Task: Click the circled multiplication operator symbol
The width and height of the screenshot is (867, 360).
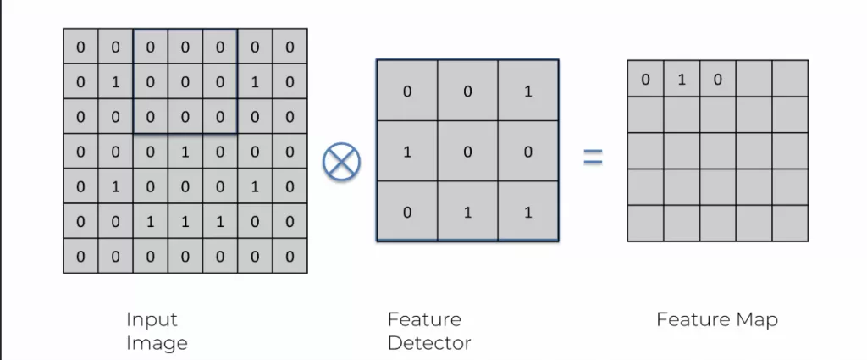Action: (341, 159)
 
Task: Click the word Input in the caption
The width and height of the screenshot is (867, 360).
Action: (152, 319)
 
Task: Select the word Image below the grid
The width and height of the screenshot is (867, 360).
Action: (156, 343)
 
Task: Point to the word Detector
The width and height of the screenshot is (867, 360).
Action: (429, 343)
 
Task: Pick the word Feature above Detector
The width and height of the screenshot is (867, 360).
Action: (424, 319)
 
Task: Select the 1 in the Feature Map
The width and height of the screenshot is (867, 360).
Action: (681, 80)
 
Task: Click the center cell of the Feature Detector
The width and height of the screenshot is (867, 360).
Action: (467, 151)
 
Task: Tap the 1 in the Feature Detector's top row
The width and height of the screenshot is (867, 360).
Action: (528, 91)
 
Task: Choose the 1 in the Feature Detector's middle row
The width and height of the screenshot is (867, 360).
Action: (407, 151)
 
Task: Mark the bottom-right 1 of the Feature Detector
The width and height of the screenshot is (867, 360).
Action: (528, 212)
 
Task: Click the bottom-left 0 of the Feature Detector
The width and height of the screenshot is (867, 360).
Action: (407, 212)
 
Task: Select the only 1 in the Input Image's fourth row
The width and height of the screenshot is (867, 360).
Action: (185, 152)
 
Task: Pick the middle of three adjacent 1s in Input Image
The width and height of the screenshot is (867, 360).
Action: (185, 221)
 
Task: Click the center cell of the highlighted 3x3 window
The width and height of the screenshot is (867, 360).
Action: (185, 82)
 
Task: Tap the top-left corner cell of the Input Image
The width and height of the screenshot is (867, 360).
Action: (80, 47)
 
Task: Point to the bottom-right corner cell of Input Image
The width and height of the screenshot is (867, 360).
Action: (290, 256)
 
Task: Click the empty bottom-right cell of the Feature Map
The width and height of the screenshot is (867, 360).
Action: (789, 224)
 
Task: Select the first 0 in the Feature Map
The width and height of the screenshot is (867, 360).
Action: (645, 80)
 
